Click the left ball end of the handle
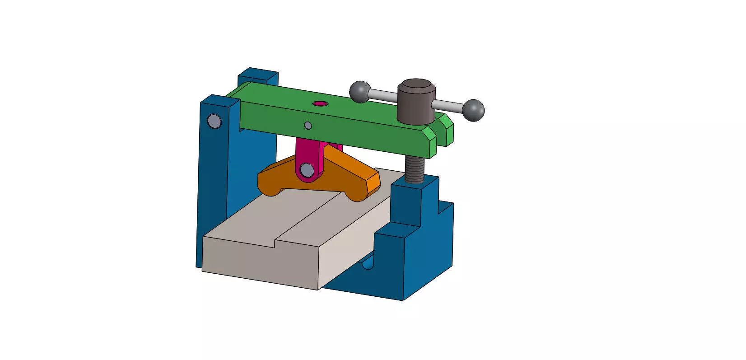pyautogui.click(x=360, y=92)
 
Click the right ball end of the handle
pyautogui.click(x=473, y=110)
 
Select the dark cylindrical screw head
pyautogui.click(x=416, y=102)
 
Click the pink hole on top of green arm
pyautogui.click(x=320, y=103)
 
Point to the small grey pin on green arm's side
pyautogui.click(x=308, y=125)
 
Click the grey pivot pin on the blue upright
pyautogui.click(x=214, y=121)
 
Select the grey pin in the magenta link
pyautogui.click(x=307, y=170)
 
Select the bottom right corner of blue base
pyautogui.click(x=403, y=299)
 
